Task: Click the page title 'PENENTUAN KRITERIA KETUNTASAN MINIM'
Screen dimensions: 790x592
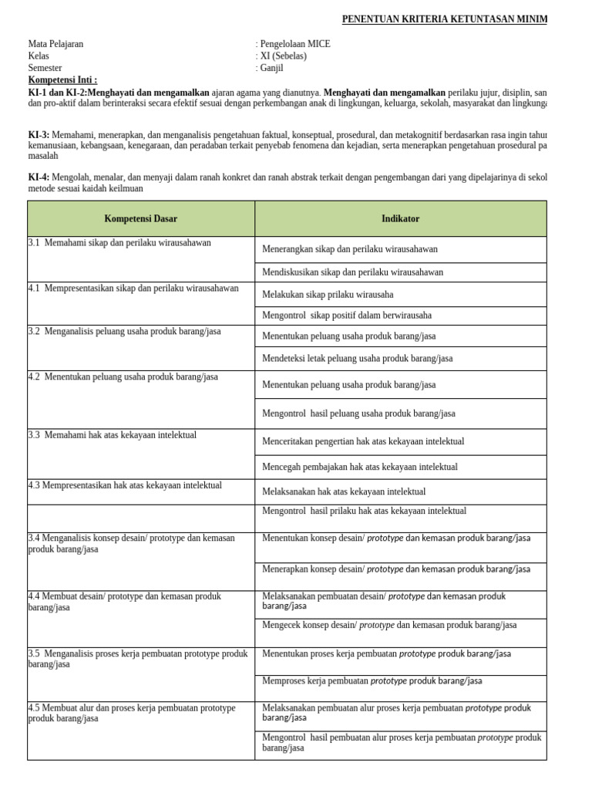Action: point(445,19)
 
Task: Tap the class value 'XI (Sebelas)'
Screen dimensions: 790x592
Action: point(283,56)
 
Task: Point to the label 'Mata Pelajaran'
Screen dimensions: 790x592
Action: point(55,44)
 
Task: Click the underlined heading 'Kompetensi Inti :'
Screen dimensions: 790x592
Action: point(62,79)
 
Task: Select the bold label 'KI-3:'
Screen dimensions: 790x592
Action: point(39,135)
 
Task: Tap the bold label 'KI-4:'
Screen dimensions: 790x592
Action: point(39,177)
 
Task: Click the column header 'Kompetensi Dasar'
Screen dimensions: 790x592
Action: point(141,219)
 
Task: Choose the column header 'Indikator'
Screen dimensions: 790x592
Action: point(400,219)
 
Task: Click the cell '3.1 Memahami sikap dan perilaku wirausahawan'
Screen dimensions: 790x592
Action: point(119,243)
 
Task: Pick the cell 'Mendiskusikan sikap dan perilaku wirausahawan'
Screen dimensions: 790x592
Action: point(352,272)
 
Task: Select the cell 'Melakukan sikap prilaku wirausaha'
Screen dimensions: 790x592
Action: point(328,295)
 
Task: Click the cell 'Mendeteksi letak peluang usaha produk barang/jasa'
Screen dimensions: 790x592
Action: point(357,358)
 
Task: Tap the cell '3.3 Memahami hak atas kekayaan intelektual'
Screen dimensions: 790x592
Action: point(113,435)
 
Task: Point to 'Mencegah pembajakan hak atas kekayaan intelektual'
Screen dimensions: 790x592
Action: point(359,467)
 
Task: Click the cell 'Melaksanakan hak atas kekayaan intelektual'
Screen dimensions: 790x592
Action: point(344,491)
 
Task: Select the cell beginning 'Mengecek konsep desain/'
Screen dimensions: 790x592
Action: point(389,625)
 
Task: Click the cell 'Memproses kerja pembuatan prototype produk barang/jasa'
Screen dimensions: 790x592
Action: point(372,680)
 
